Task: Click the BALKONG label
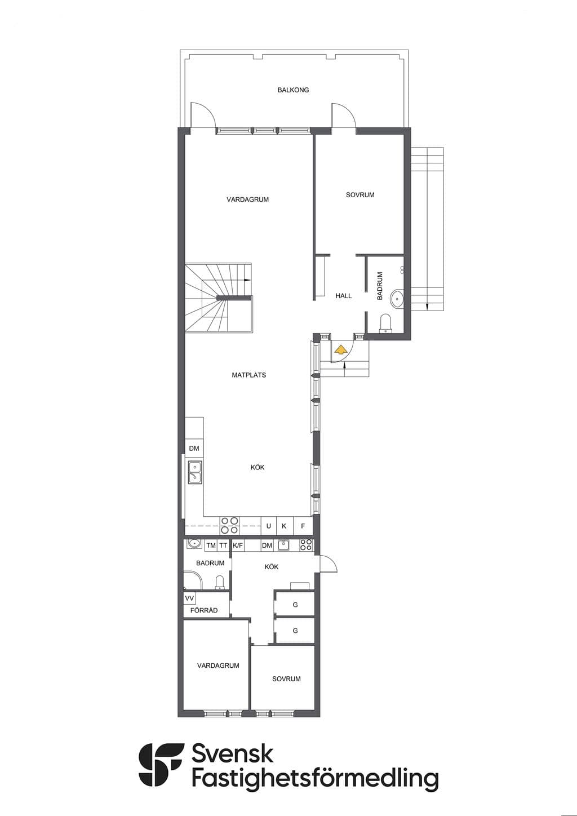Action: (x=293, y=90)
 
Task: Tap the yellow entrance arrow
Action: (x=340, y=350)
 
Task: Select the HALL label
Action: (x=344, y=296)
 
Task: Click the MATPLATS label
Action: (x=249, y=375)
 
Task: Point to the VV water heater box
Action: (x=189, y=598)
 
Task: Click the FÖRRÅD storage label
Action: (x=204, y=610)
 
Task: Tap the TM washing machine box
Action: (x=211, y=546)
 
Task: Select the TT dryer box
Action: (x=223, y=546)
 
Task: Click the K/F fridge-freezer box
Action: (x=238, y=546)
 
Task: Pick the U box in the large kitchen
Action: (x=269, y=526)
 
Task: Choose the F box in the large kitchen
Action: (x=303, y=526)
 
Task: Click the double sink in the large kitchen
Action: (x=195, y=472)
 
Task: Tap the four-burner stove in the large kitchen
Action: (x=230, y=526)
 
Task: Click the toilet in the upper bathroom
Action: (x=385, y=323)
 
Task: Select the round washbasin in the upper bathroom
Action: (x=397, y=299)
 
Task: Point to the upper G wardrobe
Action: (x=295, y=604)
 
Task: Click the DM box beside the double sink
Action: (x=194, y=448)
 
